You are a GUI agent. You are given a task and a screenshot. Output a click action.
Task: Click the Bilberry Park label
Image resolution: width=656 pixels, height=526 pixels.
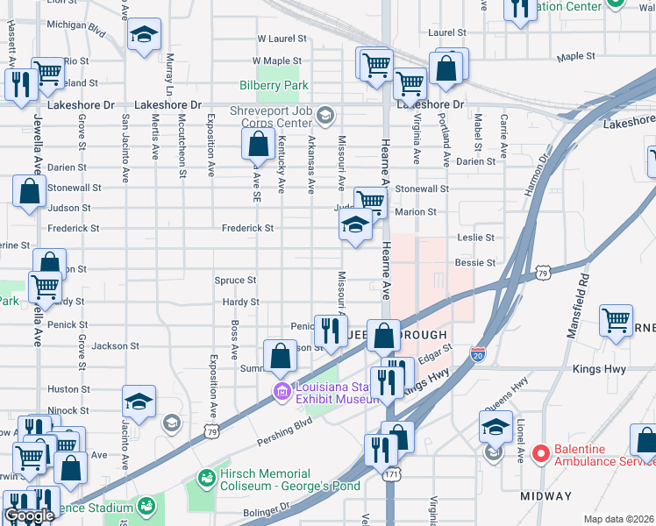coord(274,86)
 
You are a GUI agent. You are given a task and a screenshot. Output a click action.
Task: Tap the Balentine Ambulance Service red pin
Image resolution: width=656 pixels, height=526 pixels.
coord(541,454)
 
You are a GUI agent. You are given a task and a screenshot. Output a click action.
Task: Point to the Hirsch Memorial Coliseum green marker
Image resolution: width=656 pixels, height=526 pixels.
coord(207,479)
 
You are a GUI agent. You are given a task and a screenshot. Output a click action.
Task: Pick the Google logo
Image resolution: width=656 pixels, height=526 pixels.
coord(28,515)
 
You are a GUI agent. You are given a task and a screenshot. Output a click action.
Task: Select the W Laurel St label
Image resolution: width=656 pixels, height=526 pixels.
coord(282,39)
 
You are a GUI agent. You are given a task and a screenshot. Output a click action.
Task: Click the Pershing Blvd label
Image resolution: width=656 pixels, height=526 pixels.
coord(286,423)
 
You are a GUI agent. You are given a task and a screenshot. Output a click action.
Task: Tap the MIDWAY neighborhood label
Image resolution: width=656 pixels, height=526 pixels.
coord(545,496)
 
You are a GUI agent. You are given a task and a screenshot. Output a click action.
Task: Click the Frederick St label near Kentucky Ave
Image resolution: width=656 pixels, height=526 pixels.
coord(247,228)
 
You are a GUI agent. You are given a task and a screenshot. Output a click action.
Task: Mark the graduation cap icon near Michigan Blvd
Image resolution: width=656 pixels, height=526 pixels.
coord(143,36)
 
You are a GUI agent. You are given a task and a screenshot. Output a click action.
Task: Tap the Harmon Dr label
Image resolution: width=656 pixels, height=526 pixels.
coord(540,176)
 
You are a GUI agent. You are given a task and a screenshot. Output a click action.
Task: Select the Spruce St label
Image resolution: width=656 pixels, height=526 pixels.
coord(235,281)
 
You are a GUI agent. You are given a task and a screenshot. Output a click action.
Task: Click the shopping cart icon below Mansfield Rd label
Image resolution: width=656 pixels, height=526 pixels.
coord(617,321)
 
